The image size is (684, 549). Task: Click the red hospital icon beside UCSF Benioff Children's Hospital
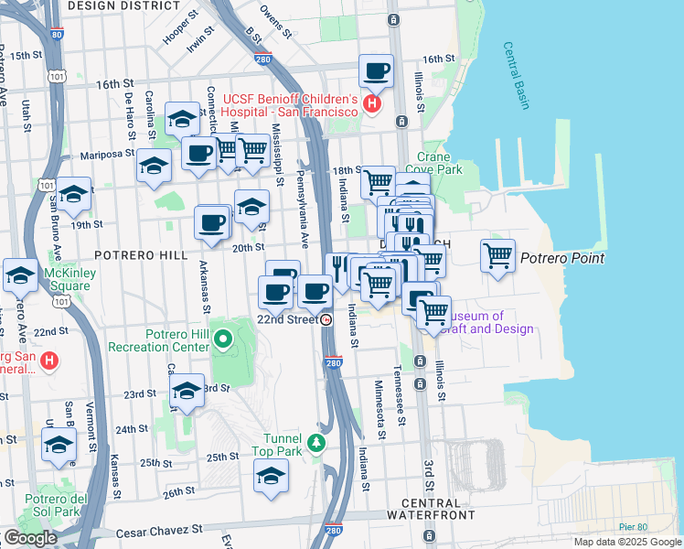(371, 104)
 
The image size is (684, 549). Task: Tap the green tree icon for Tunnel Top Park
(316, 443)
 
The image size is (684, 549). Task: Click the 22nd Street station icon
(326, 319)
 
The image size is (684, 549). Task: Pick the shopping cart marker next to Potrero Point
(497, 256)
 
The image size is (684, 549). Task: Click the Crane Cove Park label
(441, 163)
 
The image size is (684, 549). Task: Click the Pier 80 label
(657, 527)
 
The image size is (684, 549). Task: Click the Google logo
(30, 538)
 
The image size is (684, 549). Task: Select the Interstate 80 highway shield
(59, 36)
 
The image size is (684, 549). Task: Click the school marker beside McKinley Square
(20, 274)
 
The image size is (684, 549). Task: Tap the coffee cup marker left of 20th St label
(212, 223)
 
